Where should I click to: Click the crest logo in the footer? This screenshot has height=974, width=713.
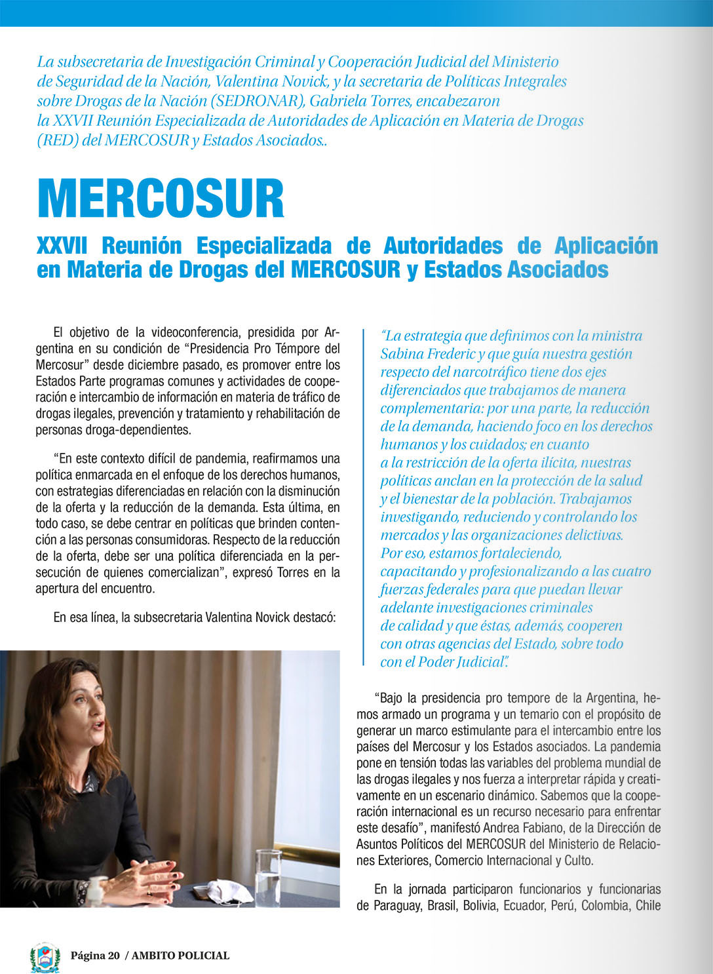point(45,956)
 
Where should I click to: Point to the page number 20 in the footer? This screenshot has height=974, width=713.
point(113,956)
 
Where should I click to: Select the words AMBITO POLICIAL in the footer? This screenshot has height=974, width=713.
point(180,956)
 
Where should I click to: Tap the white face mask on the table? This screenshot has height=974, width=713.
point(229,891)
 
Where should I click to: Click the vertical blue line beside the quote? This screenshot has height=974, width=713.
point(363,497)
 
